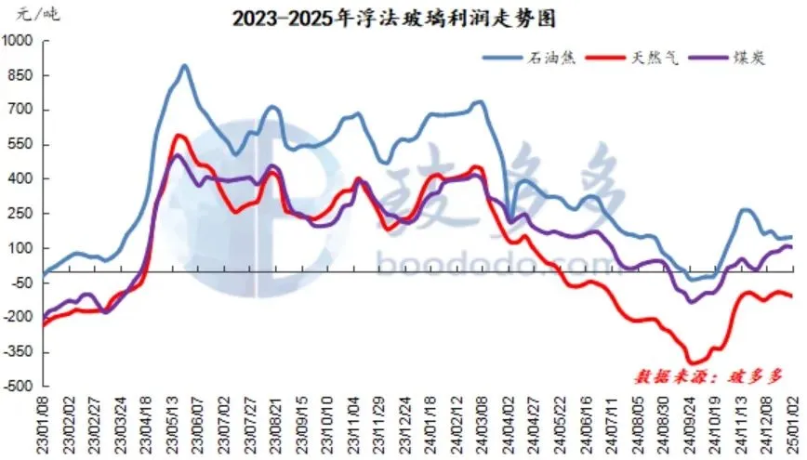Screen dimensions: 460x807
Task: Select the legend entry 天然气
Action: click(657, 58)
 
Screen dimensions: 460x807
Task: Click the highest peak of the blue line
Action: click(184, 66)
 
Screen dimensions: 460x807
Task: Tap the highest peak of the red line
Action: click(179, 136)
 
